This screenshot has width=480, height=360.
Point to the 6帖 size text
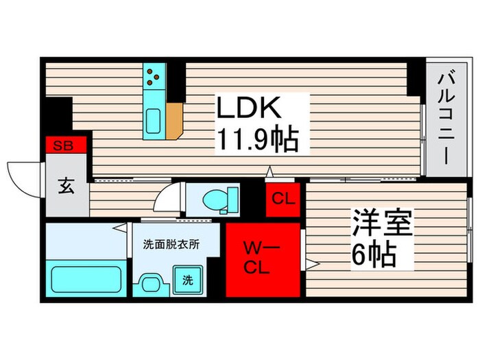tap(374, 256)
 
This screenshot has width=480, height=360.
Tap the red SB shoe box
tap(66, 145)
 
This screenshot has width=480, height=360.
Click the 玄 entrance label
tap(67, 186)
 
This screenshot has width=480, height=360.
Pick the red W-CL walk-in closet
tap(263, 259)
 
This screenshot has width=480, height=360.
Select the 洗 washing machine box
tap(187, 280)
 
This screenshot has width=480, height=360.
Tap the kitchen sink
tap(152, 121)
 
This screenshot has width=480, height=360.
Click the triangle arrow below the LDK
tap(270, 171)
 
